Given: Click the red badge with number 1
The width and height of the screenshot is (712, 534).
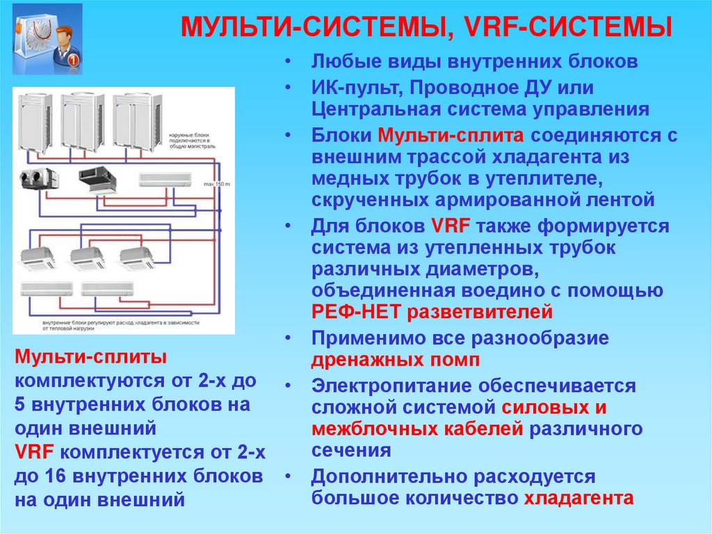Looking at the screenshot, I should [x=72, y=60].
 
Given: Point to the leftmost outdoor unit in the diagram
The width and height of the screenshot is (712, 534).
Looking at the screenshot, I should [x=35, y=122].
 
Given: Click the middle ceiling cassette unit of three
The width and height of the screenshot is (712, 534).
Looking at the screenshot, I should [x=88, y=258].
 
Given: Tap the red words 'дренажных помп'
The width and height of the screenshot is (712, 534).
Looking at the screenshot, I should [x=395, y=360].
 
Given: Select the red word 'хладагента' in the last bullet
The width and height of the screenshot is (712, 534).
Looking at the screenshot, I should [x=578, y=498].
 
